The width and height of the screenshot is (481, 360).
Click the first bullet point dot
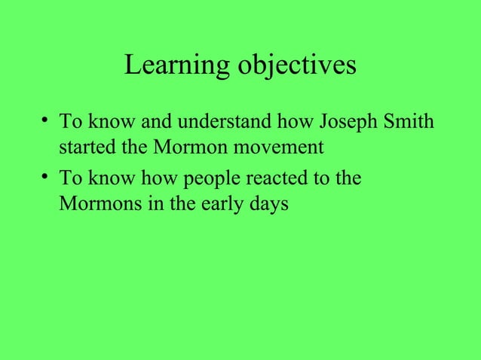pyautogui.click(x=47, y=121)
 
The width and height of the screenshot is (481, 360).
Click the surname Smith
pyautogui.click(x=410, y=121)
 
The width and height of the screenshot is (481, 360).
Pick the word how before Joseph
pyautogui.click(x=302, y=121)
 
